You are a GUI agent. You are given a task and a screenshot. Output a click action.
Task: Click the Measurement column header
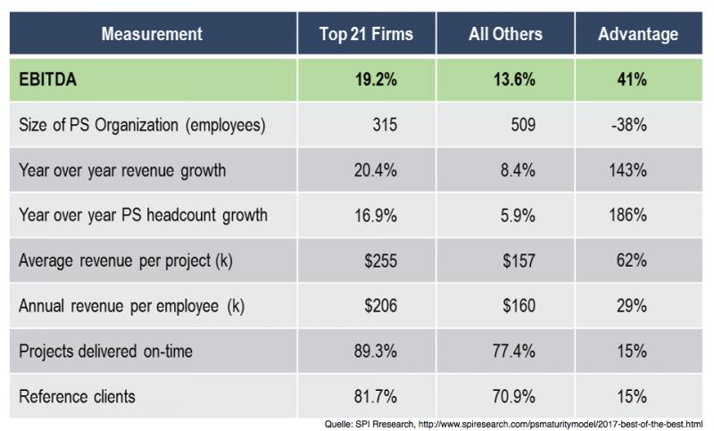[152, 34]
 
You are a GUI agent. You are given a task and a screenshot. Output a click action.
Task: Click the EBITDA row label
[46, 79]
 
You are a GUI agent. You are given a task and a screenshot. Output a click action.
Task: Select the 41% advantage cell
[635, 79]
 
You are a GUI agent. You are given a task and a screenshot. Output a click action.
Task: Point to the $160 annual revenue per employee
[516, 305]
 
